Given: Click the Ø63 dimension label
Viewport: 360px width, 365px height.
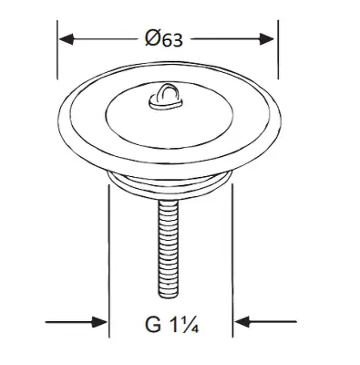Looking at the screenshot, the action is (164, 39).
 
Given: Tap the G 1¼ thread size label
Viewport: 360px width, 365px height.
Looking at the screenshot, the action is (172, 324).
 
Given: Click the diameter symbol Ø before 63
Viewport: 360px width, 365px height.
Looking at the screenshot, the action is (153, 38).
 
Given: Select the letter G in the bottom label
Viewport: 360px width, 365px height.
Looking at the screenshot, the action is (153, 324).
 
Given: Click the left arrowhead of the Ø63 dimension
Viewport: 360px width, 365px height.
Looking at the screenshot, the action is (67, 39).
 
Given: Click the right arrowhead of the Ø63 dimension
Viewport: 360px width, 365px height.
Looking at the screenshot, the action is (267, 39).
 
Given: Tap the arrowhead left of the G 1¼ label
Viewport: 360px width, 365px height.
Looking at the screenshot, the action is (99, 322).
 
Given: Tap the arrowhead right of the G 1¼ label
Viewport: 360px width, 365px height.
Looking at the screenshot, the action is (242, 322).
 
